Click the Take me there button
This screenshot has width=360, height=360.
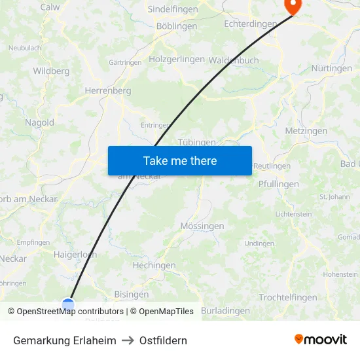[x=179, y=160]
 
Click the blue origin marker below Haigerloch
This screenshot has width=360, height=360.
[x=68, y=304]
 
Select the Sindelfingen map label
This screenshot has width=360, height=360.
[x=173, y=9]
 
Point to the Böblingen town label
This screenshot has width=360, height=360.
[x=177, y=26]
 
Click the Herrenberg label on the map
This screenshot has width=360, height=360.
[x=108, y=91]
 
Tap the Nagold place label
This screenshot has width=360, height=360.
[x=39, y=122]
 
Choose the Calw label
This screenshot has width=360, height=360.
[x=50, y=7]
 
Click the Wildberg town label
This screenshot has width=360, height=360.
[x=51, y=71]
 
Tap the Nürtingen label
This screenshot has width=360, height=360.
[x=331, y=68]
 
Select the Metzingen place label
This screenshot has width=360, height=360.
[x=306, y=131]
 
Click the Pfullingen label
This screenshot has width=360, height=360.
[x=278, y=184]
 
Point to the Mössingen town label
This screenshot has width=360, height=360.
[x=202, y=226]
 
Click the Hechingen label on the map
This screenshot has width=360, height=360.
[x=154, y=265]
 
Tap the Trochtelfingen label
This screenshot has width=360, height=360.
[x=288, y=298]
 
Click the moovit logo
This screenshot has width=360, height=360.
[x=320, y=340]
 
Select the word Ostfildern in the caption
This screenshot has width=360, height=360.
[x=163, y=340]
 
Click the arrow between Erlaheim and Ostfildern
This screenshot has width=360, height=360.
[x=128, y=340]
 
